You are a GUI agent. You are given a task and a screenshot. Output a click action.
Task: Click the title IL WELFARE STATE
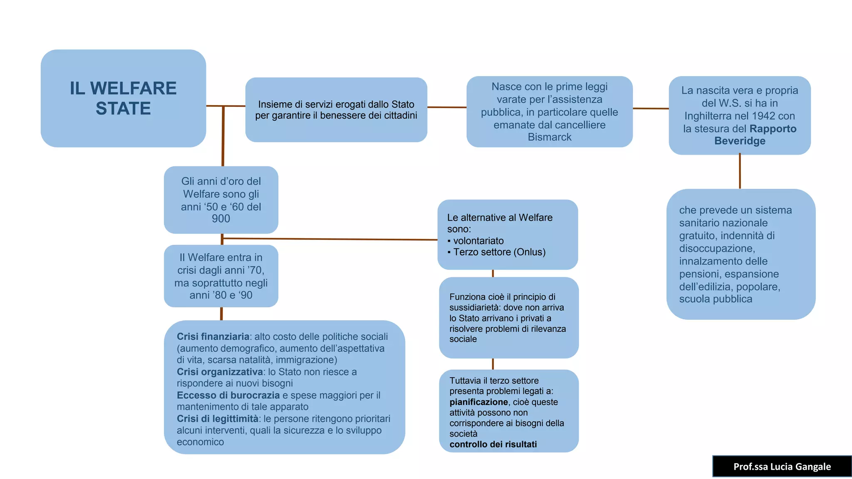(x=123, y=98)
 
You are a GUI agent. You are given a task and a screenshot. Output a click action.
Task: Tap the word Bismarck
(x=550, y=137)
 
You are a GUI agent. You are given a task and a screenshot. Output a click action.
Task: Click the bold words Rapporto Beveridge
(x=749, y=134)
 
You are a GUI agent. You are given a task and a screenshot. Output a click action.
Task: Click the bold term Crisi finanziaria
(x=213, y=336)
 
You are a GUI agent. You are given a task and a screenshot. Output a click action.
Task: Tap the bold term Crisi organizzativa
(x=220, y=372)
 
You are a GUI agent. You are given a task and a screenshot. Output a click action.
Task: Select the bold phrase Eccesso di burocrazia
(x=228, y=395)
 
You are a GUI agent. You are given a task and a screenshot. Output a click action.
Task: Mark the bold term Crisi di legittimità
(x=217, y=419)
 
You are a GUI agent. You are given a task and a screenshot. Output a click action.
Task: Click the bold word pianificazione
(x=478, y=402)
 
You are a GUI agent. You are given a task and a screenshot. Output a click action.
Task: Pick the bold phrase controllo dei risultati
(x=493, y=444)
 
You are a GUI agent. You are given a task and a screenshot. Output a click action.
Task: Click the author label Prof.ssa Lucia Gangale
(x=782, y=467)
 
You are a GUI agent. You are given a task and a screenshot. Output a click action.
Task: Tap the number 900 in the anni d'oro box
(x=220, y=219)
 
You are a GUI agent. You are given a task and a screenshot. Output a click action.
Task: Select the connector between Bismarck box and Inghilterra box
(x=651, y=109)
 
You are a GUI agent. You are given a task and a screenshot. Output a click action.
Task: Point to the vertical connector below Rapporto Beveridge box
(x=740, y=171)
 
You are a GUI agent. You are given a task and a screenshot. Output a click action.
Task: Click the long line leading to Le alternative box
(x=329, y=239)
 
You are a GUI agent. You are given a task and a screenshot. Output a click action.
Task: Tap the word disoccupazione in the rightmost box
(x=716, y=249)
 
